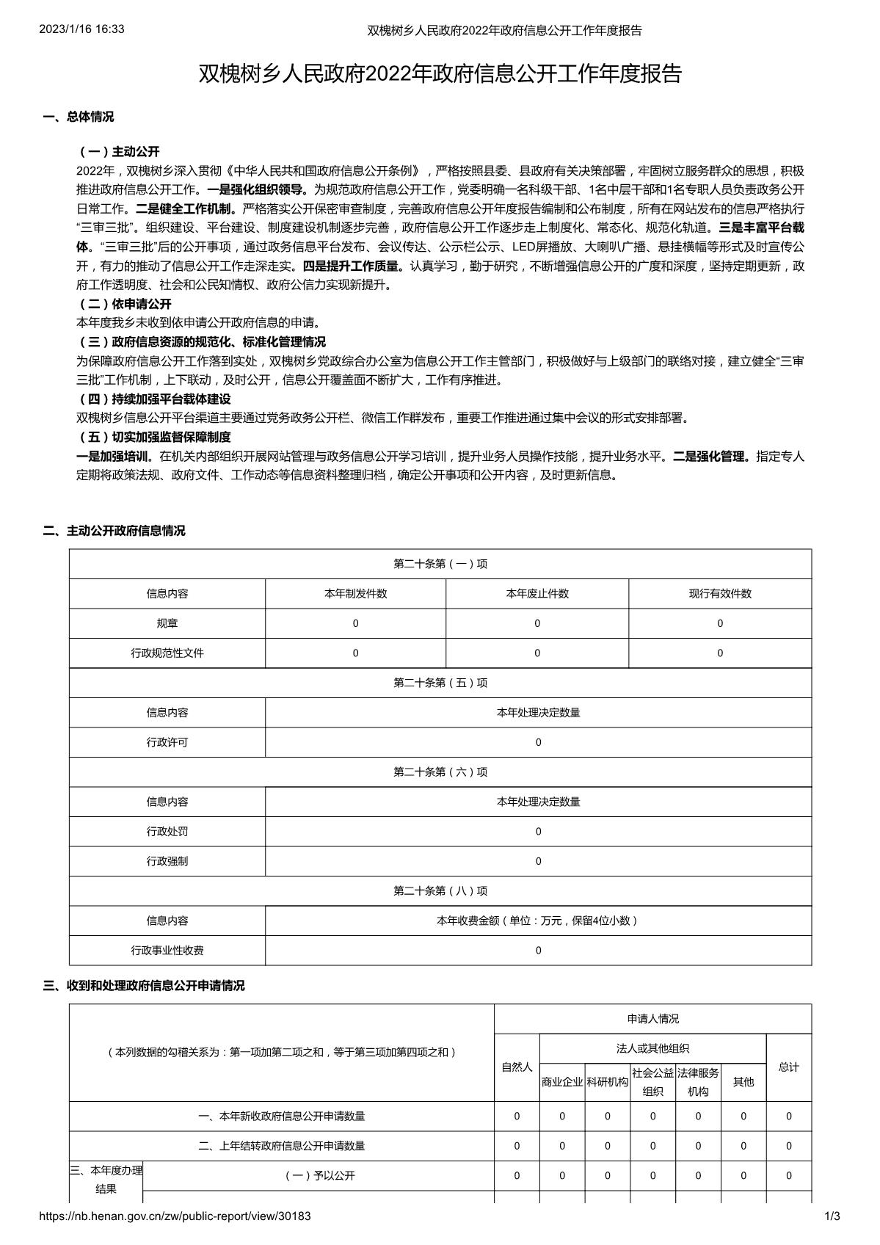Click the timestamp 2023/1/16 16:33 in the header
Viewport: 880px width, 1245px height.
click(81, 29)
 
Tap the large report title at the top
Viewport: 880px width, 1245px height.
click(440, 74)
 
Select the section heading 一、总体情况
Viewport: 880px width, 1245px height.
click(79, 117)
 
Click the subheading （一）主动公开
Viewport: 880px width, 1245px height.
click(118, 152)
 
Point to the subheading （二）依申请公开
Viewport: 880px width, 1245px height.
click(124, 304)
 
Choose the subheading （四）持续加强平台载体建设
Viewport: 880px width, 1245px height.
click(153, 399)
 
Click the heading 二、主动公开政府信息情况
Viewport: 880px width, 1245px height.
click(114, 531)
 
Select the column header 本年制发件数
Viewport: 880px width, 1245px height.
click(356, 594)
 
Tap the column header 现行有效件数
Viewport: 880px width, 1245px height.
click(720, 594)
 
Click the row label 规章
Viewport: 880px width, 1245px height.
click(167, 623)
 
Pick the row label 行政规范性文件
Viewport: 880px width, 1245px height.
click(167, 653)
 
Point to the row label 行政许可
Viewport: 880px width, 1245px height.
click(167, 742)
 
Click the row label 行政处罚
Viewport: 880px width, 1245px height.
click(167, 832)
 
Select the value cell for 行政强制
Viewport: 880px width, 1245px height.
click(538, 861)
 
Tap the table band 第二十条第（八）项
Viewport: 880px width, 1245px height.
click(440, 891)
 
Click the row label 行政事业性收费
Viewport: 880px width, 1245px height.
click(167, 951)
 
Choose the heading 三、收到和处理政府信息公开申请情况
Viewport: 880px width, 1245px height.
click(144, 986)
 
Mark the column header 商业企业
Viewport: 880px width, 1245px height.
click(562, 1082)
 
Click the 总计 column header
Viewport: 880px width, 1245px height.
click(789, 1067)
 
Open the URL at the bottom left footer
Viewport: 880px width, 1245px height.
click(175, 1216)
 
